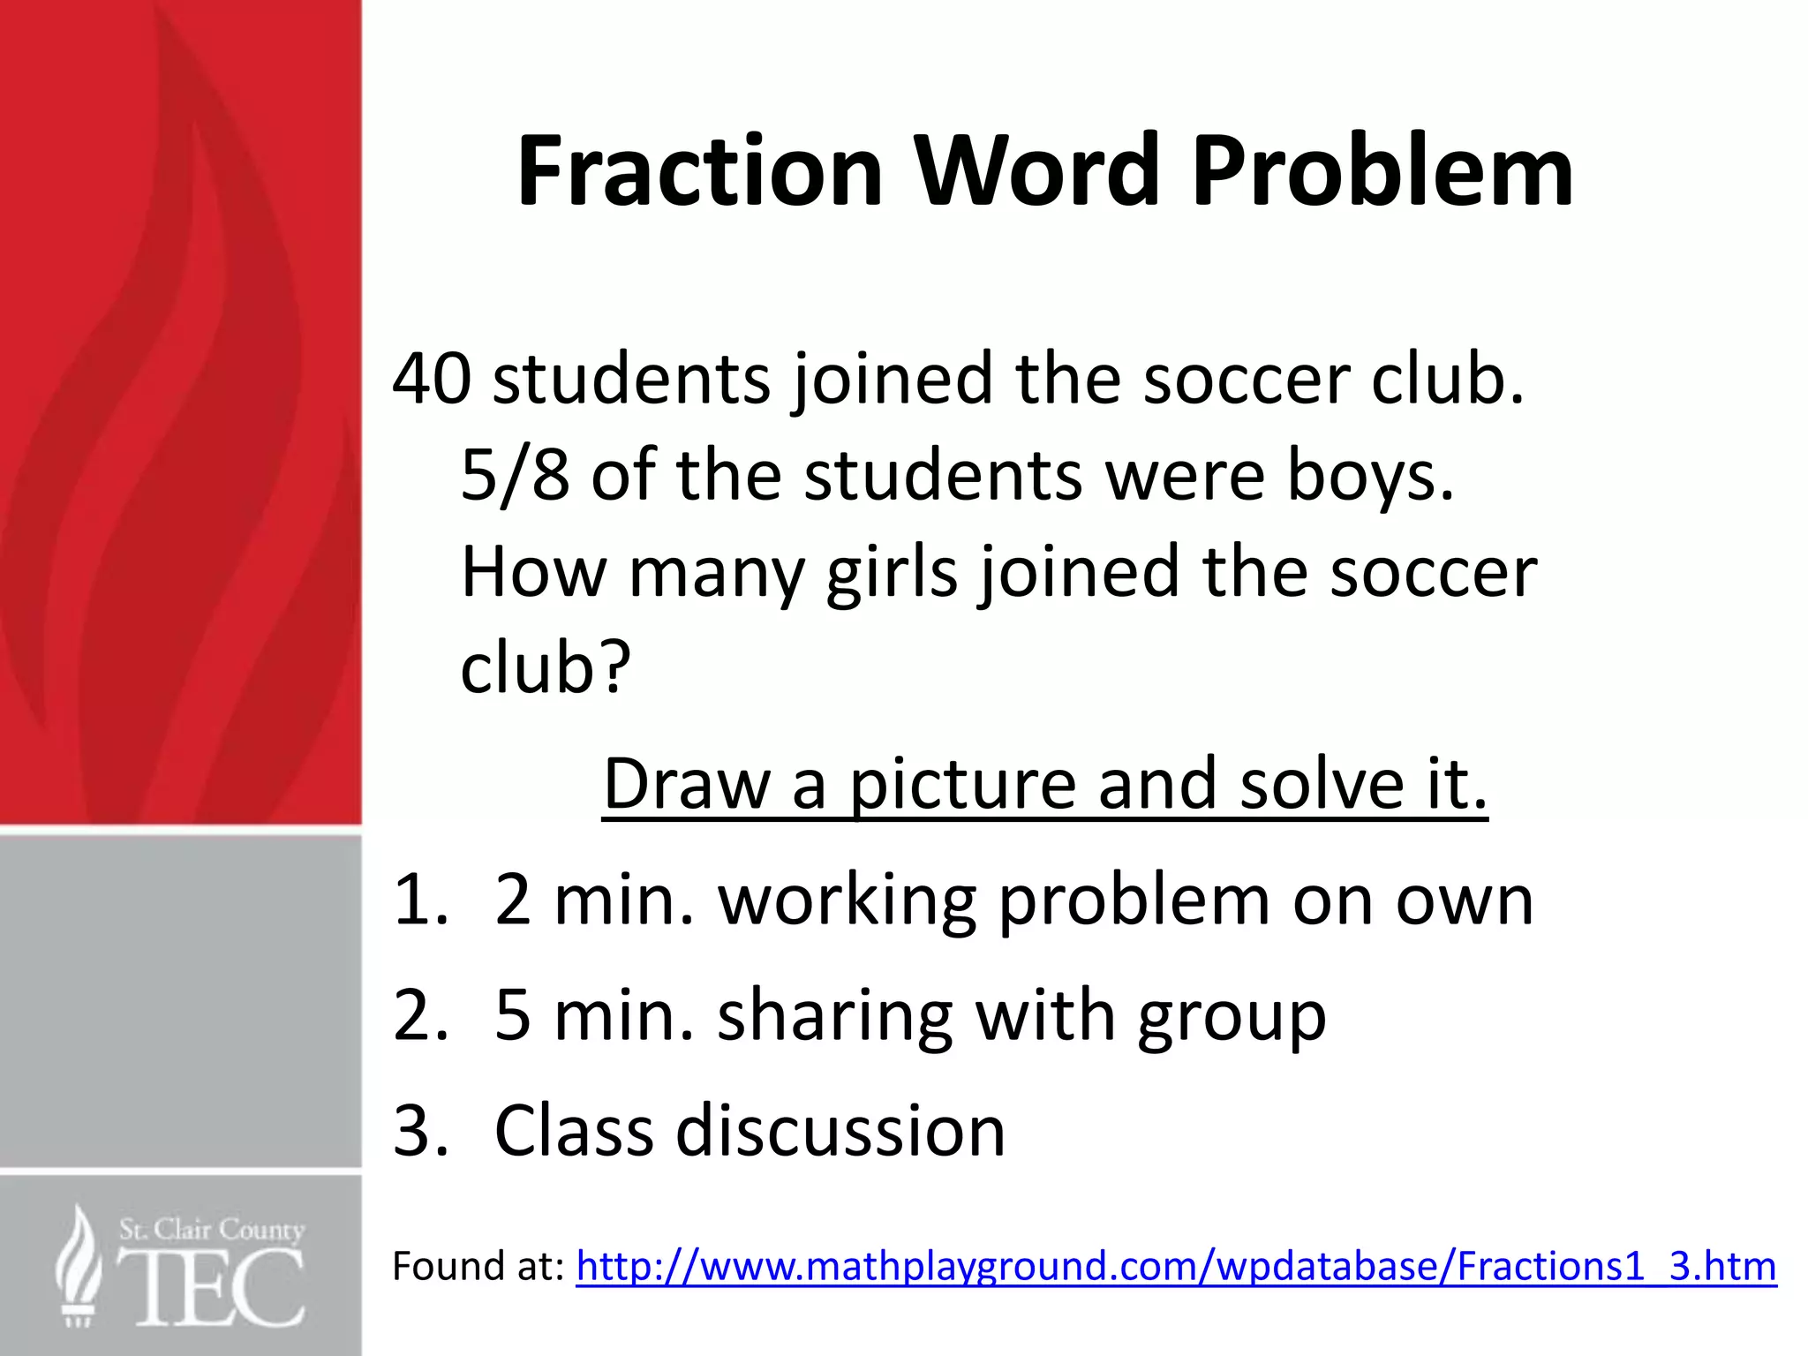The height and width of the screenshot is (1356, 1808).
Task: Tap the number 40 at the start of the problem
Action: click(x=432, y=380)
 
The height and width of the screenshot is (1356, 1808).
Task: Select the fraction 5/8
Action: click(x=515, y=477)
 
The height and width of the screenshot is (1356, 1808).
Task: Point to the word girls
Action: click(x=892, y=574)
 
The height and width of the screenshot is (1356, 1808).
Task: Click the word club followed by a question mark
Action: click(x=546, y=668)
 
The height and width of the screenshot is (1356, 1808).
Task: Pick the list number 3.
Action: click(x=420, y=1131)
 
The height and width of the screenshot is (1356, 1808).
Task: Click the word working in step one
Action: click(x=847, y=902)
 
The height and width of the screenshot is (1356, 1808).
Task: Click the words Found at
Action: click(x=478, y=1267)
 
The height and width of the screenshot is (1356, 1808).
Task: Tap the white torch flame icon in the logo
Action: click(x=78, y=1262)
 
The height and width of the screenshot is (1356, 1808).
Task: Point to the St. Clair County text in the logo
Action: click(x=212, y=1229)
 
